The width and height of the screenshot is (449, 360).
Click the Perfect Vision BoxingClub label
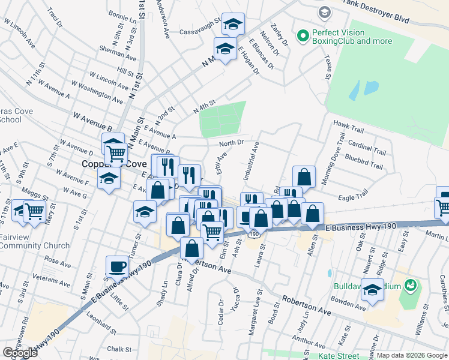pos(351,37)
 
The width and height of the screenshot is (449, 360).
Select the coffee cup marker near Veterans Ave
pos(118,266)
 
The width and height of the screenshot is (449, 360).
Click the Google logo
pos(20,353)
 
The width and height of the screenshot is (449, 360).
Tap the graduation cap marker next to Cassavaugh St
pos(233,24)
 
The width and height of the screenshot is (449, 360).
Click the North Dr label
pos(231,143)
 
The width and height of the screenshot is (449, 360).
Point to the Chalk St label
pos(119,349)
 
